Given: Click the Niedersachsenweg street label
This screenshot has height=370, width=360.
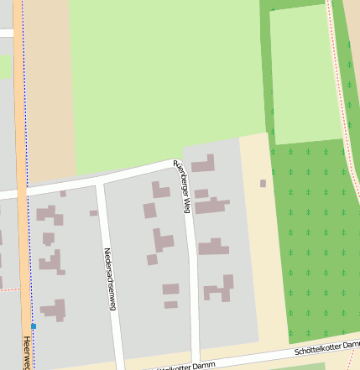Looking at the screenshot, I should pyautogui.click(x=107, y=279).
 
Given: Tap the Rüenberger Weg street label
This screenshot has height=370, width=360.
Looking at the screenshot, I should pyautogui.click(x=181, y=185).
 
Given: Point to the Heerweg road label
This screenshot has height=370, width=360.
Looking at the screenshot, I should pyautogui.click(x=27, y=352).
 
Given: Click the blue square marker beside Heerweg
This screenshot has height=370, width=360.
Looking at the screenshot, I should pyautogui.click(x=34, y=326).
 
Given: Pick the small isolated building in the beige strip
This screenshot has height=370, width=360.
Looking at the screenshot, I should pyautogui.click(x=263, y=183).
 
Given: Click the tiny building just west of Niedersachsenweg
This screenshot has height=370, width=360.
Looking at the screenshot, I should pyautogui.click(x=94, y=213).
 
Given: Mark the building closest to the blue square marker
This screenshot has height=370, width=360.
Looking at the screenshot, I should pyautogui.click(x=55, y=309).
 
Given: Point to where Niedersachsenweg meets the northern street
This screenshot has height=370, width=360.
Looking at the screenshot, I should pyautogui.click(x=100, y=182).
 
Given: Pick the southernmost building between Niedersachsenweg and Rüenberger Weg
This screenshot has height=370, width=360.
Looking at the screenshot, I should pyautogui.click(x=171, y=304).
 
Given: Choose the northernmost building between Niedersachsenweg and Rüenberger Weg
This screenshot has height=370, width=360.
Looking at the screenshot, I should pyautogui.click(x=160, y=189).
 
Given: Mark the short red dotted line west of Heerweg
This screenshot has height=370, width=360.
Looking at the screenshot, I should pyautogui.click(x=8, y=289).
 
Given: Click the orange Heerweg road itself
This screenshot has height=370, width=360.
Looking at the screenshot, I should pyautogui.click(x=18, y=168).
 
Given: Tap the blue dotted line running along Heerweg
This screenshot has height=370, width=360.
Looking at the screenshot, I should pyautogui.click(x=25, y=126).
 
